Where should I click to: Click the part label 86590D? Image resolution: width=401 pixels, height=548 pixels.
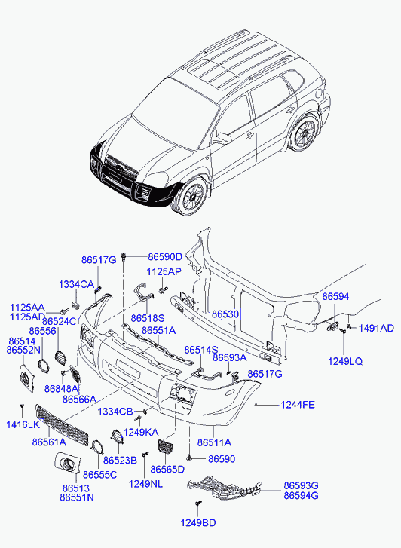(165, 257)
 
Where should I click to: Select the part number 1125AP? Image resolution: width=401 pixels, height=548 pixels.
(164, 271)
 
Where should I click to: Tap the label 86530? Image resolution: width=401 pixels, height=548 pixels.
(225, 314)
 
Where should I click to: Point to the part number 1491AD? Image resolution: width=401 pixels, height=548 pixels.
(376, 328)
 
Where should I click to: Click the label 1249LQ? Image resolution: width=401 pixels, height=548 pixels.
(345, 361)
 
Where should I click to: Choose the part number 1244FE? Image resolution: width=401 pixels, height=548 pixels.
(298, 405)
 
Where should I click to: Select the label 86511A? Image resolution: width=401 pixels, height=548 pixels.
(214, 442)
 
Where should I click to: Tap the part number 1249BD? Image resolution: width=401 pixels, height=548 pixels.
(198, 523)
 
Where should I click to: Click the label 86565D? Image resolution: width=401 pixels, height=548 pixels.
(167, 469)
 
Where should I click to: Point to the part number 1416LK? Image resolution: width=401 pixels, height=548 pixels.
(23, 424)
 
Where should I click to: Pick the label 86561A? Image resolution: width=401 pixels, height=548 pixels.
(49, 442)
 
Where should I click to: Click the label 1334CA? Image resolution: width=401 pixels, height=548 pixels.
(76, 284)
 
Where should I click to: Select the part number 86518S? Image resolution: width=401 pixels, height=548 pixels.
(148, 318)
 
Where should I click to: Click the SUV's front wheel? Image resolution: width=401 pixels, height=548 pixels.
(192, 196)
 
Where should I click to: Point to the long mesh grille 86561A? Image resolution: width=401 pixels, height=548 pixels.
(62, 424)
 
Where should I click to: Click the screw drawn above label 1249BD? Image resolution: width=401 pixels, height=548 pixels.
(198, 504)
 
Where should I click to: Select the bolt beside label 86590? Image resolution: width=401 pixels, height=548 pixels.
(189, 458)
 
